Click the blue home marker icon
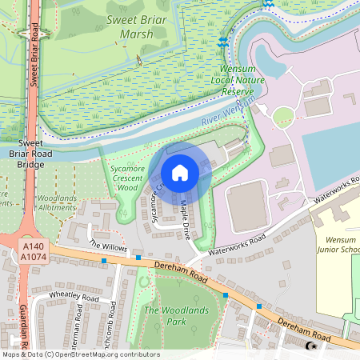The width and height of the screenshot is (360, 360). point(180,172)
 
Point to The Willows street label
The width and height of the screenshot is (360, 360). point(108,246)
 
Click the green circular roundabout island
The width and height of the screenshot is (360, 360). point(283,118)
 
